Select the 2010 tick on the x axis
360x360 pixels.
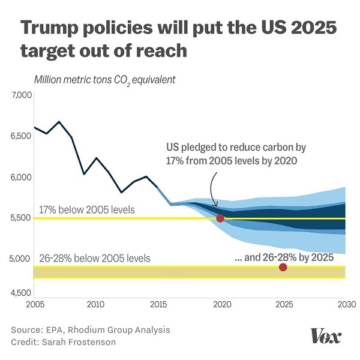[x=95, y=304]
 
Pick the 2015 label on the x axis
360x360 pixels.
[x=158, y=304]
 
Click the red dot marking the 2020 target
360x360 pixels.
[x=220, y=218]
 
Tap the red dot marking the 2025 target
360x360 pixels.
[x=283, y=267]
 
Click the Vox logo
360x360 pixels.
[x=326, y=336]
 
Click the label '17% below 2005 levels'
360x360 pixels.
[x=86, y=210]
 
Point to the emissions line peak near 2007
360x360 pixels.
[x=59, y=122]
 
